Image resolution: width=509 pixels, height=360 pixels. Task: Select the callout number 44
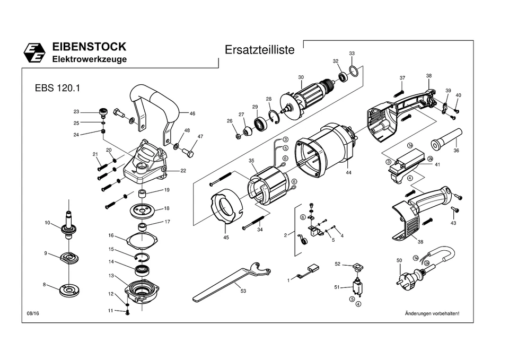[348, 173]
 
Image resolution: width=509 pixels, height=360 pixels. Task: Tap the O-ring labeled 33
[356, 72]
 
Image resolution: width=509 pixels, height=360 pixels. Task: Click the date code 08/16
[33, 313]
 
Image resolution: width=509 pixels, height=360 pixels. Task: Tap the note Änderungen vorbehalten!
[432, 313]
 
